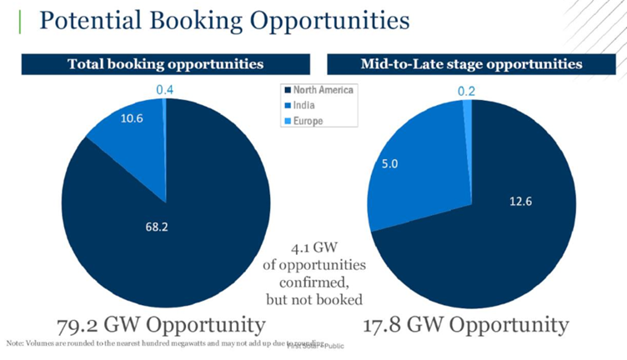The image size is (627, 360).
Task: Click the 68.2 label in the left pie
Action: click(147, 226)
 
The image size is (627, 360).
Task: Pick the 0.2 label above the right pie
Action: click(467, 91)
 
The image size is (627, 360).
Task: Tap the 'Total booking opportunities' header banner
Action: click(165, 63)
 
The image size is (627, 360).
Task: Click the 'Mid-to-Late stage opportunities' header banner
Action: click(471, 63)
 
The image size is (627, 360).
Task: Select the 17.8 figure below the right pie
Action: click(389, 322)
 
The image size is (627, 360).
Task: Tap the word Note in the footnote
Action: click(16, 343)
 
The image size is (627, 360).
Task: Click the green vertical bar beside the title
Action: click(19, 19)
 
